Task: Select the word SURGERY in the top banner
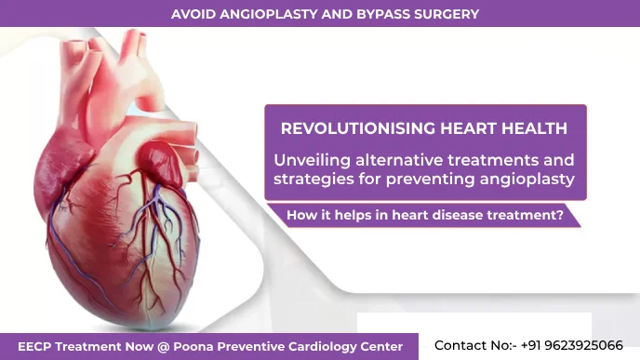tap(446, 14)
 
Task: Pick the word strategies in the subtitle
tap(313, 178)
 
